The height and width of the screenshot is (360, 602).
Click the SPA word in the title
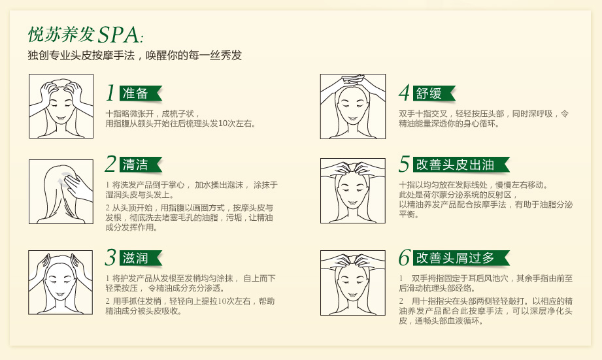pyautogui.click(x=119, y=35)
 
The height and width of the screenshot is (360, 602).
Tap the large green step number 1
pyautogui.click(x=110, y=93)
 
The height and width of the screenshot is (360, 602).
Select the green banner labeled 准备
pyautogui.click(x=141, y=93)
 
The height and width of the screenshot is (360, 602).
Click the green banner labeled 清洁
pyautogui.click(x=141, y=165)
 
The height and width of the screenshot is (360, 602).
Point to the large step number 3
pyautogui.click(x=110, y=257)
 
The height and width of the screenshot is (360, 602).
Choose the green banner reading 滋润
pyautogui.click(x=141, y=258)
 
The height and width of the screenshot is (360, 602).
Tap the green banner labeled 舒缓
pyautogui.click(x=434, y=93)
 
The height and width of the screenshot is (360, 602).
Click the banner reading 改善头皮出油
pyautogui.click(x=461, y=165)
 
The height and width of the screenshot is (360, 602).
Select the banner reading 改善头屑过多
pyautogui.click(x=461, y=258)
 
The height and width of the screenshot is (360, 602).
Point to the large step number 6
pyautogui.click(x=405, y=257)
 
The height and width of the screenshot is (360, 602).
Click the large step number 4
pyautogui.click(x=405, y=93)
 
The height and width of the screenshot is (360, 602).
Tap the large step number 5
pyautogui.click(x=405, y=164)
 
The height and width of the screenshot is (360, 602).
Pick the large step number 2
pyautogui.click(x=110, y=164)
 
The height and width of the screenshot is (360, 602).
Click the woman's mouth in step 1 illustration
pyautogui.click(x=61, y=118)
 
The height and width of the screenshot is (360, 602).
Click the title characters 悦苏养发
pyautogui.click(x=61, y=34)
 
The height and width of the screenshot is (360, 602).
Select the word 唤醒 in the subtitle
pyautogui.click(x=157, y=56)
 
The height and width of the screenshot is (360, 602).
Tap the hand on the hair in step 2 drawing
pyautogui.click(x=78, y=187)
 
